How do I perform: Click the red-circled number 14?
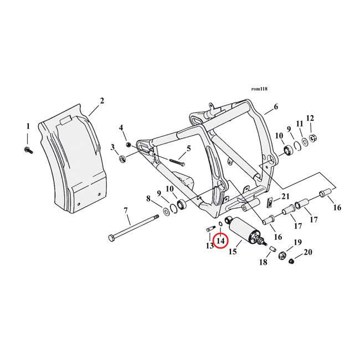tap(220, 241)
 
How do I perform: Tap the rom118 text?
tap(259, 88)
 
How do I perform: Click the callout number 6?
tap(275, 107)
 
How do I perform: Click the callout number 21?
tap(285, 197)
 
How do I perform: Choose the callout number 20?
tap(308, 252)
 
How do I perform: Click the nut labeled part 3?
tap(122, 160)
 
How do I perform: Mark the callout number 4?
tap(121, 128)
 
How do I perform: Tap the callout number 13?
tap(209, 245)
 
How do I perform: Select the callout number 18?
tap(263, 263)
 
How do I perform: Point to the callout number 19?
tap(297, 242)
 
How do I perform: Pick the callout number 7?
tap(126, 210)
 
